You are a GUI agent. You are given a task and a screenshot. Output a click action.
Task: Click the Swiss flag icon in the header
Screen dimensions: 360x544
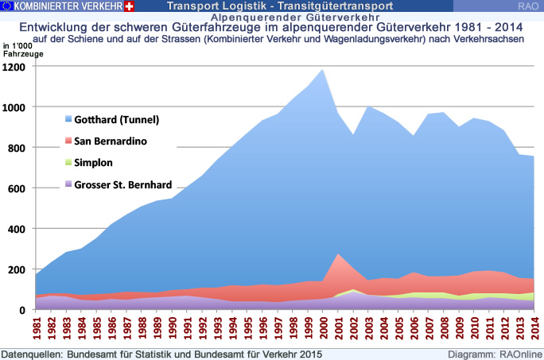point(130,6)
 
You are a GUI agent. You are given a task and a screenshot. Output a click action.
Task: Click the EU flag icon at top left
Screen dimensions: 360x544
point(8,6)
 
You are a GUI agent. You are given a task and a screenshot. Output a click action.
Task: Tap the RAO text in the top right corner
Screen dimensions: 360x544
point(527,6)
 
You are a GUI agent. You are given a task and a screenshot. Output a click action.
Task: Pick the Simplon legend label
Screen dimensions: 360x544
point(93,163)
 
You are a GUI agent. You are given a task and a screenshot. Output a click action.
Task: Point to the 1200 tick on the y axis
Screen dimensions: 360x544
point(17,67)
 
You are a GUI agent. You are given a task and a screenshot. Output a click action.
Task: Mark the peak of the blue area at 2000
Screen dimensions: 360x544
point(322,70)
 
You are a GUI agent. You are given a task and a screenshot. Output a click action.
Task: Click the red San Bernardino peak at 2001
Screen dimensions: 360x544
point(337,254)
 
